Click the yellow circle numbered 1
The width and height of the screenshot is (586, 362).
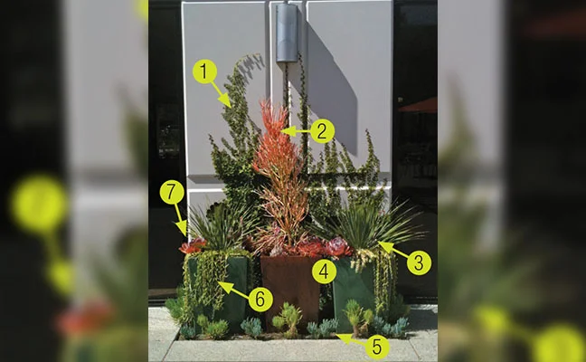(204, 71)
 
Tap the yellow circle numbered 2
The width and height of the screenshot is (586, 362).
(322, 131)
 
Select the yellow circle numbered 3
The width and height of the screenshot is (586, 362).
(419, 262)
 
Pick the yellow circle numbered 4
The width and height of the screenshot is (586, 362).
(325, 271)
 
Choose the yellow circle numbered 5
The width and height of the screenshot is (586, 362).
(377, 347)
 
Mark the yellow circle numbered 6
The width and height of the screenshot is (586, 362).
(260, 300)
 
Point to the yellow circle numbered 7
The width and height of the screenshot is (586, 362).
(172, 192)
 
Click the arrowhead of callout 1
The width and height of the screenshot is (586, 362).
(226, 101)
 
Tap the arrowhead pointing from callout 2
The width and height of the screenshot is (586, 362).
(288, 131)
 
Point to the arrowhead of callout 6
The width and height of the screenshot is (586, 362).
(225, 286)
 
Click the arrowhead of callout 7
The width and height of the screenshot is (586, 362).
(183, 228)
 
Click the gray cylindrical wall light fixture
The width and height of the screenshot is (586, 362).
(287, 33)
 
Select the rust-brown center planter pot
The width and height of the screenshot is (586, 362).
(290, 290)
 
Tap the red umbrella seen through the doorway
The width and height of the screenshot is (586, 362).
(418, 106)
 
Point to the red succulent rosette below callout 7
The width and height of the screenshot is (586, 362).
(193, 245)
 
